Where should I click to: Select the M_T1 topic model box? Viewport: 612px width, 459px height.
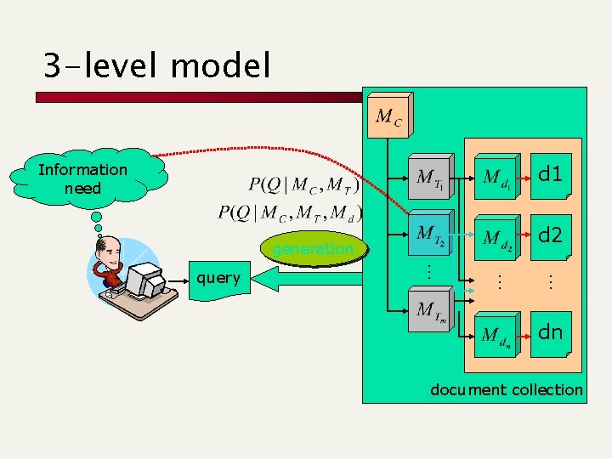[x=428, y=178]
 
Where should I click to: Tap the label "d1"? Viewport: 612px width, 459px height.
[x=550, y=175]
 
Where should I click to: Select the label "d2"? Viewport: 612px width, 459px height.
[x=550, y=235]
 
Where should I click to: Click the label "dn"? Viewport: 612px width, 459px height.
[x=550, y=331]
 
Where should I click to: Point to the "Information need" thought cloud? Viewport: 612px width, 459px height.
[x=82, y=178]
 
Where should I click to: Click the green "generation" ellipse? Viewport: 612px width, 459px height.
[x=313, y=249]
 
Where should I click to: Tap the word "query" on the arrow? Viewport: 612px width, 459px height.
[x=218, y=278]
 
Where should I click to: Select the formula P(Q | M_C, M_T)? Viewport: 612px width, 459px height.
[x=303, y=184]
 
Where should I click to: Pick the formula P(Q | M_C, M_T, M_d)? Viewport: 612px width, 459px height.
[x=290, y=212]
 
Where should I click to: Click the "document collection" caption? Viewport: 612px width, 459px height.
[x=507, y=390]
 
